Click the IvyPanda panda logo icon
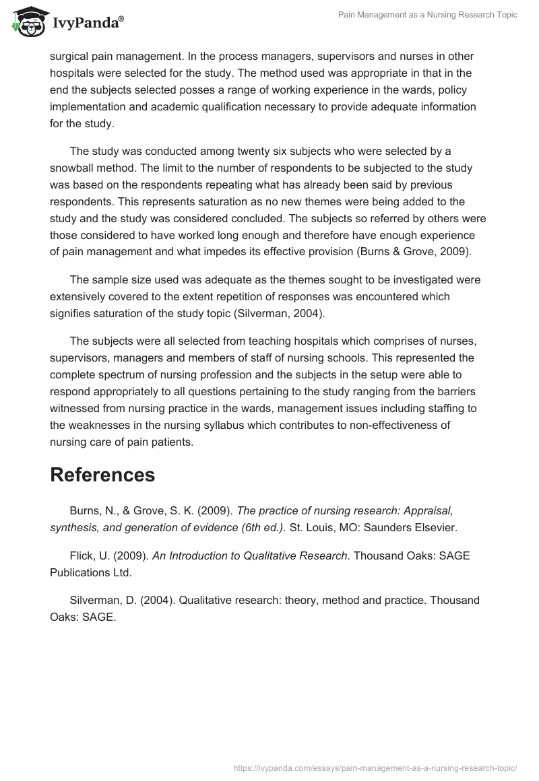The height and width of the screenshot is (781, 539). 26,22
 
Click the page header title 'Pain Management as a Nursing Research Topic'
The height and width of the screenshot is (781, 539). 427,15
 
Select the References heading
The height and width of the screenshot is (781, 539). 102,475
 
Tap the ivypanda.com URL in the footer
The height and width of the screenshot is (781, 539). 375,767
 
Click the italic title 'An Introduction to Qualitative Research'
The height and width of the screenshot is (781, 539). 249,556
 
